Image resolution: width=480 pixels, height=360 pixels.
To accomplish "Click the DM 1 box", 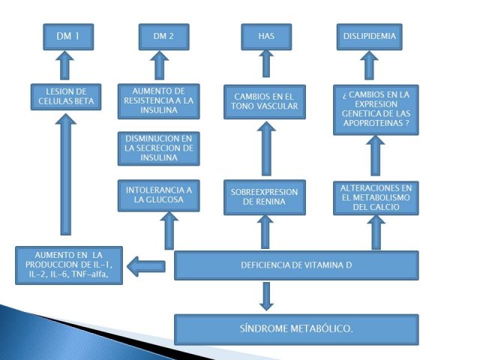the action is pyautogui.click(x=68, y=37).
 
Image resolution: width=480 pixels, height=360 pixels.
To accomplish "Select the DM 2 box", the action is pyautogui.click(x=163, y=37).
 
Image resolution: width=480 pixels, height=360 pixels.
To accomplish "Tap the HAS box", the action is pyautogui.click(x=266, y=37).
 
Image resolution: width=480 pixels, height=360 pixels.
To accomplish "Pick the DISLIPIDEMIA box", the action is pyautogui.click(x=370, y=37).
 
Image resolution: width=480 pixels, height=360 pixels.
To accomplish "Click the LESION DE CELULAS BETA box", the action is pyautogui.click(x=66, y=97).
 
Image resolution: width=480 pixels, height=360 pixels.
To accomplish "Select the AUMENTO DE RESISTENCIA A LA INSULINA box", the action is pyautogui.click(x=159, y=101).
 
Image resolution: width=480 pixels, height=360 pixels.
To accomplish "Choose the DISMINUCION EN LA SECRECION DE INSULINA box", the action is pyautogui.click(x=159, y=148).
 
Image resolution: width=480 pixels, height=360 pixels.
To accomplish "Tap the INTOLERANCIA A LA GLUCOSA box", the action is pyautogui.click(x=159, y=196).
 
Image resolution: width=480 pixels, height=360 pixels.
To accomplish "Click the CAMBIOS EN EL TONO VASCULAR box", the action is pyautogui.click(x=265, y=102).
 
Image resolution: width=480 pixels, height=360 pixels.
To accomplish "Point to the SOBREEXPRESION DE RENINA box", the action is pyautogui.click(x=265, y=197).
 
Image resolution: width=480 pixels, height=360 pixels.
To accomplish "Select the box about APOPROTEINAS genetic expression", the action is pyautogui.click(x=376, y=110).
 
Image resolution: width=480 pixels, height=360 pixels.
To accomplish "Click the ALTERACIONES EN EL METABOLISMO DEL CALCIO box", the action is pyautogui.click(x=376, y=198).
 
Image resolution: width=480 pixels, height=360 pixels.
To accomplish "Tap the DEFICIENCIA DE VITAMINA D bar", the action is pyautogui.click(x=296, y=265).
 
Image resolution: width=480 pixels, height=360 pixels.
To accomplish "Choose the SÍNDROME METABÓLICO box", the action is pyautogui.click(x=296, y=329).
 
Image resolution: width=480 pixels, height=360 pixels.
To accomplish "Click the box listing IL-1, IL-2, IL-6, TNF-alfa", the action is pyautogui.click(x=69, y=265).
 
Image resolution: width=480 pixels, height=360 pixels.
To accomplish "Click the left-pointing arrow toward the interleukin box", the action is pyautogui.click(x=146, y=266).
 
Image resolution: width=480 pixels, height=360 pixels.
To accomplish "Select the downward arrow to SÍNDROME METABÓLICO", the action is pyautogui.click(x=266, y=296).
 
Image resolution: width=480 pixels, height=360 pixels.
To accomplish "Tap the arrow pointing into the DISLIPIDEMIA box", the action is pyautogui.click(x=369, y=65).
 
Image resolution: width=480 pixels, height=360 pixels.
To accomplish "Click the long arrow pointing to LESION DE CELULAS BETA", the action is pyautogui.click(x=65, y=175).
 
